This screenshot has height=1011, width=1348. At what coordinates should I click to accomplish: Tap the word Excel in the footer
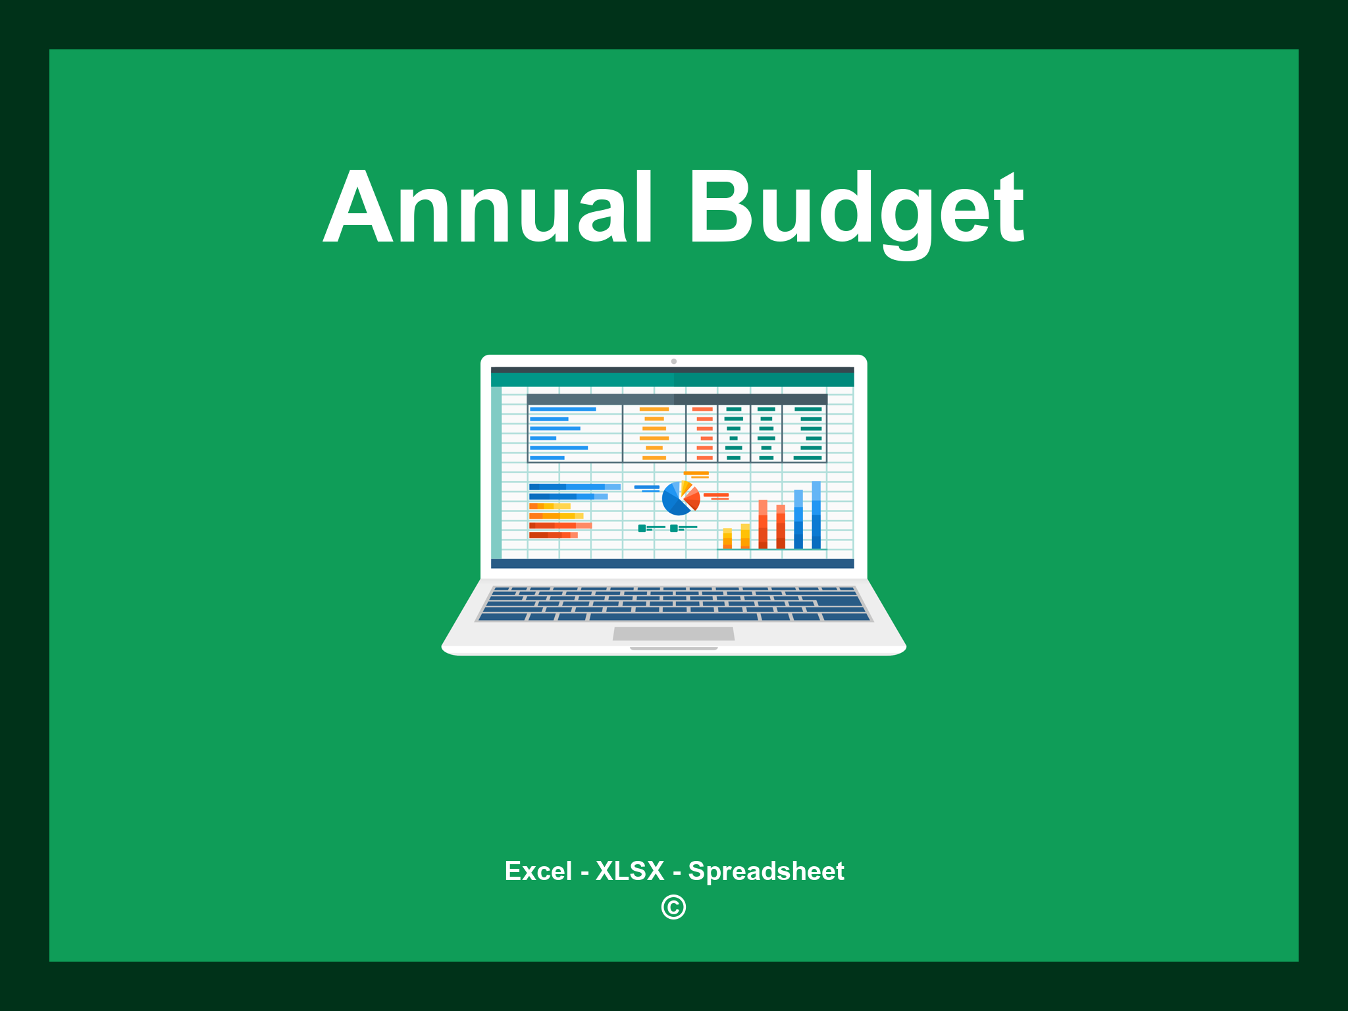(x=538, y=871)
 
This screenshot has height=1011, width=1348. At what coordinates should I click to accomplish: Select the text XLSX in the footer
(x=630, y=871)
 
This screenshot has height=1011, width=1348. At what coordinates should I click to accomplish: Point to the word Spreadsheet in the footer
(x=765, y=871)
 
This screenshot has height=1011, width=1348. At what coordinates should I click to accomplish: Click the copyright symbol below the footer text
(x=673, y=907)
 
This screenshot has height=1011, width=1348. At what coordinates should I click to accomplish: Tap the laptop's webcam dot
(x=673, y=361)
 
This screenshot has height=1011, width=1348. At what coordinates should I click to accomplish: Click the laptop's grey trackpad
(x=673, y=633)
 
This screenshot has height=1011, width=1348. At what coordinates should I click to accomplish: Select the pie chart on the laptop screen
(x=680, y=498)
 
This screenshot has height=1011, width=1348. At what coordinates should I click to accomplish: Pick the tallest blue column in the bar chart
(x=816, y=515)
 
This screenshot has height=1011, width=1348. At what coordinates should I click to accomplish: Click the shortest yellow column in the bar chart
(x=727, y=538)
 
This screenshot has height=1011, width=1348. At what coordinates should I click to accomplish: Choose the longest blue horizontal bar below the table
(x=574, y=486)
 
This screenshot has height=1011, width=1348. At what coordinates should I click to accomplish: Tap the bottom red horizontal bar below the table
(x=553, y=535)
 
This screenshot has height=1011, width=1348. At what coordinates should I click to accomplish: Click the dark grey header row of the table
(x=677, y=399)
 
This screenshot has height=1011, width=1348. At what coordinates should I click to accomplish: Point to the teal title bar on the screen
(x=672, y=380)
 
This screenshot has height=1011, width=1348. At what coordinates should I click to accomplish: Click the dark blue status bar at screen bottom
(x=672, y=563)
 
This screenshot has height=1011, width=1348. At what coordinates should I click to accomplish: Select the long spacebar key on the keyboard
(x=673, y=617)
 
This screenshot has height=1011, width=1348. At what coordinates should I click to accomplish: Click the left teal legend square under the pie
(x=642, y=528)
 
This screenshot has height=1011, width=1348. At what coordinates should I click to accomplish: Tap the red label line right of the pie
(x=716, y=495)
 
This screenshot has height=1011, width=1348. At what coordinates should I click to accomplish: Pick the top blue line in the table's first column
(x=563, y=409)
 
